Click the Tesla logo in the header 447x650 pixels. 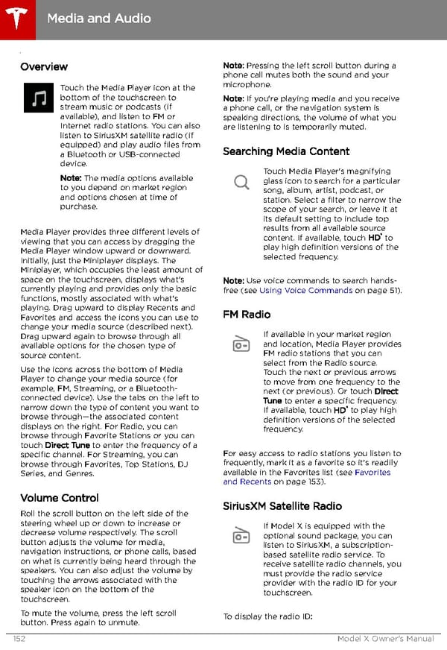pyautogui.click(x=16, y=16)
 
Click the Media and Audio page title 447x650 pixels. pyautogui.click(x=98, y=18)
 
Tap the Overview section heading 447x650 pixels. pyautogui.click(x=44, y=66)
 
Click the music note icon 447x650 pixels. pyautogui.click(x=38, y=98)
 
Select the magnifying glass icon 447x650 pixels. pyautogui.click(x=241, y=183)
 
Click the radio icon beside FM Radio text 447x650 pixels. pyautogui.click(x=241, y=344)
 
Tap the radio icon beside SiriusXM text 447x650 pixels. pyautogui.click(x=241, y=535)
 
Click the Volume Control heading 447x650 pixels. pyautogui.click(x=59, y=497)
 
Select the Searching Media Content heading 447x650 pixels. pyautogui.click(x=286, y=151)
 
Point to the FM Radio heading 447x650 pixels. pyautogui.click(x=247, y=315)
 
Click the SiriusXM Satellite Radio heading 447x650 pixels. pyautogui.click(x=282, y=506)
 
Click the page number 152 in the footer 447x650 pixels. pyautogui.click(x=20, y=639)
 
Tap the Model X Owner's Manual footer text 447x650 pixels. pyautogui.click(x=385, y=639)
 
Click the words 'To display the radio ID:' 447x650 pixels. pyautogui.click(x=267, y=616)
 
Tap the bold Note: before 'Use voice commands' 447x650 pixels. pyautogui.click(x=233, y=280)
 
